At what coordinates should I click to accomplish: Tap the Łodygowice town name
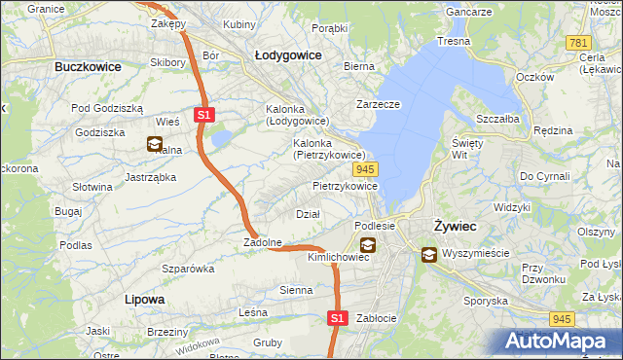[288, 55]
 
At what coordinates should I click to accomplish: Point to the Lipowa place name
[144, 299]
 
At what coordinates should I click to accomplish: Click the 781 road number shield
[579, 43]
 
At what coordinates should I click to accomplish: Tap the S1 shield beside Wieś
[202, 115]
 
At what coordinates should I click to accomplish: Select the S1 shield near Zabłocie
[336, 318]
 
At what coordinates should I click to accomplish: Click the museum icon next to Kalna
[155, 145]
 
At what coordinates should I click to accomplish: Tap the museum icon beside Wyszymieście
[429, 255]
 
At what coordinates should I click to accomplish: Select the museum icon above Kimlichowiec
[367, 245]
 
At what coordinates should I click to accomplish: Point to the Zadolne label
[263, 242]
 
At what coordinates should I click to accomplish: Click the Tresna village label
[454, 42]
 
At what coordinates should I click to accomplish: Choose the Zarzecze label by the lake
[379, 104]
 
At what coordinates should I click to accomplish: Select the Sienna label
[296, 290]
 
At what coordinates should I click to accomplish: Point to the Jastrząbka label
[150, 177]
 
